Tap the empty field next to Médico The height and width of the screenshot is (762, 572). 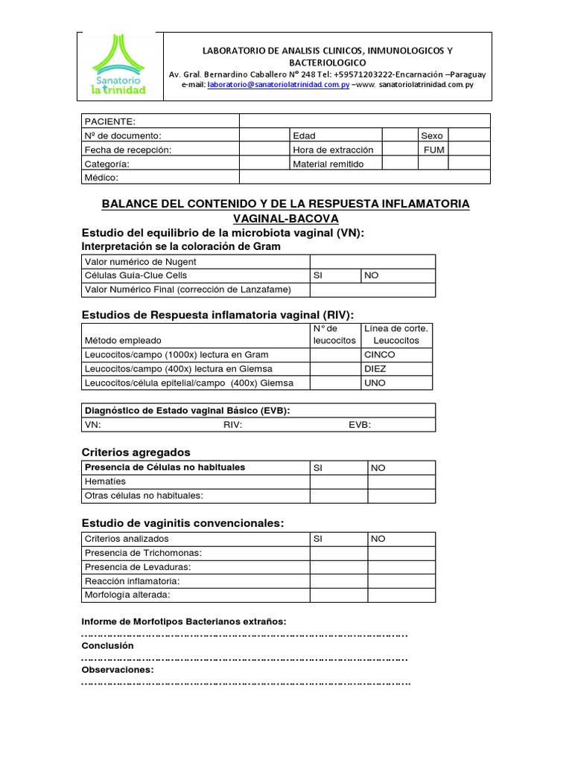tap(364, 178)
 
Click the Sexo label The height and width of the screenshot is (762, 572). tap(431, 135)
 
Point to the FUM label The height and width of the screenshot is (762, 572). tap(433, 150)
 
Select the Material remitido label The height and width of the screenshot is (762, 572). tap(328, 164)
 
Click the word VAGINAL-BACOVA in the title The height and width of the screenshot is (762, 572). tap(285, 218)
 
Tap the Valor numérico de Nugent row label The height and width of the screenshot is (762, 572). tap(141, 262)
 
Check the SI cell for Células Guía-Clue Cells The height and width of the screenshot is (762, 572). tap(335, 275)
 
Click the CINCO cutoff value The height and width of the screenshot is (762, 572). tap(379, 354)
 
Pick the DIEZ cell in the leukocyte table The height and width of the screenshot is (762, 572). tap(375, 368)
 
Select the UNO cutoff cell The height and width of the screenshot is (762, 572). tap(375, 382)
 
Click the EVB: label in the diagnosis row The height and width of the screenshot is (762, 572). tap(360, 425)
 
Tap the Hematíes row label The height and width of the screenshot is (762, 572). tap(106, 481)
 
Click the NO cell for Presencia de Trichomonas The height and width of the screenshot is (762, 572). tap(401, 553)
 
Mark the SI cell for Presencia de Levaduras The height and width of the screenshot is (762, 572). tap(339, 567)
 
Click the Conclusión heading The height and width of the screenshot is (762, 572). tap(107, 646)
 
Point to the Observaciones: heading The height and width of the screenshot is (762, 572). tap(117, 670)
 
